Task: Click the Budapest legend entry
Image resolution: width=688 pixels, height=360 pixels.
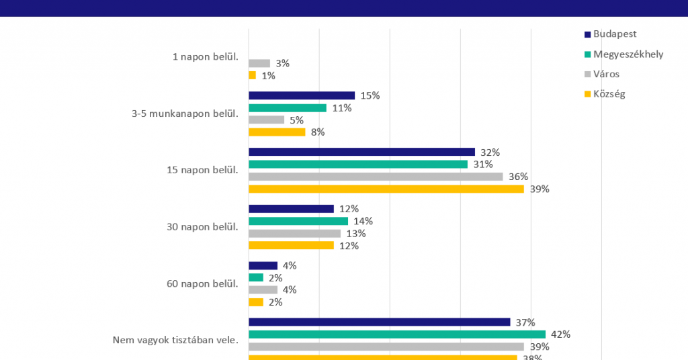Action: [615, 34]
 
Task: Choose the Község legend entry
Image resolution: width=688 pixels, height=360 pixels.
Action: [609, 94]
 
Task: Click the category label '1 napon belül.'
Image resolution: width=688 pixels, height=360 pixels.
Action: [205, 57]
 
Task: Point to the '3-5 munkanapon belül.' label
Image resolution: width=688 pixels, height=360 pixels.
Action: [185, 114]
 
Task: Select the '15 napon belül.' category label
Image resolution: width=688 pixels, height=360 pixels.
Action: [202, 170]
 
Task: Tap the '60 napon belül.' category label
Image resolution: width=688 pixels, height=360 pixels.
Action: [202, 283]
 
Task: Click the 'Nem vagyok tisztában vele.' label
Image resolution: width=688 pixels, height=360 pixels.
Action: [175, 340]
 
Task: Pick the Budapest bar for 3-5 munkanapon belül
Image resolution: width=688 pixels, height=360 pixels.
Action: [302, 95]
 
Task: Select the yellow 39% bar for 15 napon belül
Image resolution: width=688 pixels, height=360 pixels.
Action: [386, 189]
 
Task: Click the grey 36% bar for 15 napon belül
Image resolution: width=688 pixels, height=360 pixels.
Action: [376, 177]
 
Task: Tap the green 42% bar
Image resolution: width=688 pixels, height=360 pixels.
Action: [397, 334]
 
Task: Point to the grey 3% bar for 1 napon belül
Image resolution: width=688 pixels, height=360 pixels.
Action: [259, 63]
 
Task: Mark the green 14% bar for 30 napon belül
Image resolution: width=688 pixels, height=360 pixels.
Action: [298, 221]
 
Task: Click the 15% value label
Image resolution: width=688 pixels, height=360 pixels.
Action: [370, 95]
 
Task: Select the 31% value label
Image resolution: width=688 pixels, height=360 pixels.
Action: [483, 165]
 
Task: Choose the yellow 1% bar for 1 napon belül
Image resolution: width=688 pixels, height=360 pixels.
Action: [252, 75]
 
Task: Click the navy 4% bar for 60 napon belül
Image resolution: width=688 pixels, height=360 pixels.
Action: [263, 265]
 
